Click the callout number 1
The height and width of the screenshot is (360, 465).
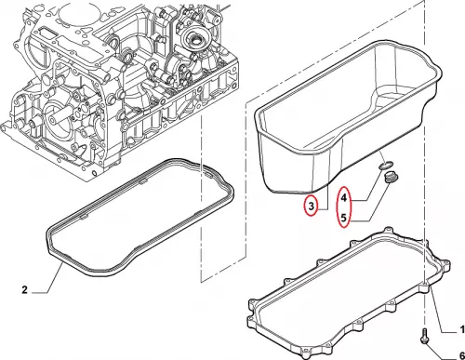pyautogui.click(x=462, y=329)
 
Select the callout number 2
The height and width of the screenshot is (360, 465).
pyautogui.click(x=25, y=290)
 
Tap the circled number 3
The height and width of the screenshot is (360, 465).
pyautogui.click(x=311, y=206)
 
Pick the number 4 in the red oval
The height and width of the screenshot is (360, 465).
pyautogui.click(x=343, y=197)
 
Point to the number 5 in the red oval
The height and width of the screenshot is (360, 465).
pyautogui.click(x=343, y=218)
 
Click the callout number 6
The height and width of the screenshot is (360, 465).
pyautogui.click(x=461, y=355)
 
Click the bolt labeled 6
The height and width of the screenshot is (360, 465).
pyautogui.click(x=424, y=336)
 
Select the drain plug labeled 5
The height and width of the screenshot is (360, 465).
pyautogui.click(x=388, y=178)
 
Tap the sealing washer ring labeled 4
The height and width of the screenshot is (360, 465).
pyautogui.click(x=386, y=166)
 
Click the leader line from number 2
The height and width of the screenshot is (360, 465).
pyautogui.click(x=55, y=278)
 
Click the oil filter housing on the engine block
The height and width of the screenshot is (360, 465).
pyautogui.click(x=193, y=40)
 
